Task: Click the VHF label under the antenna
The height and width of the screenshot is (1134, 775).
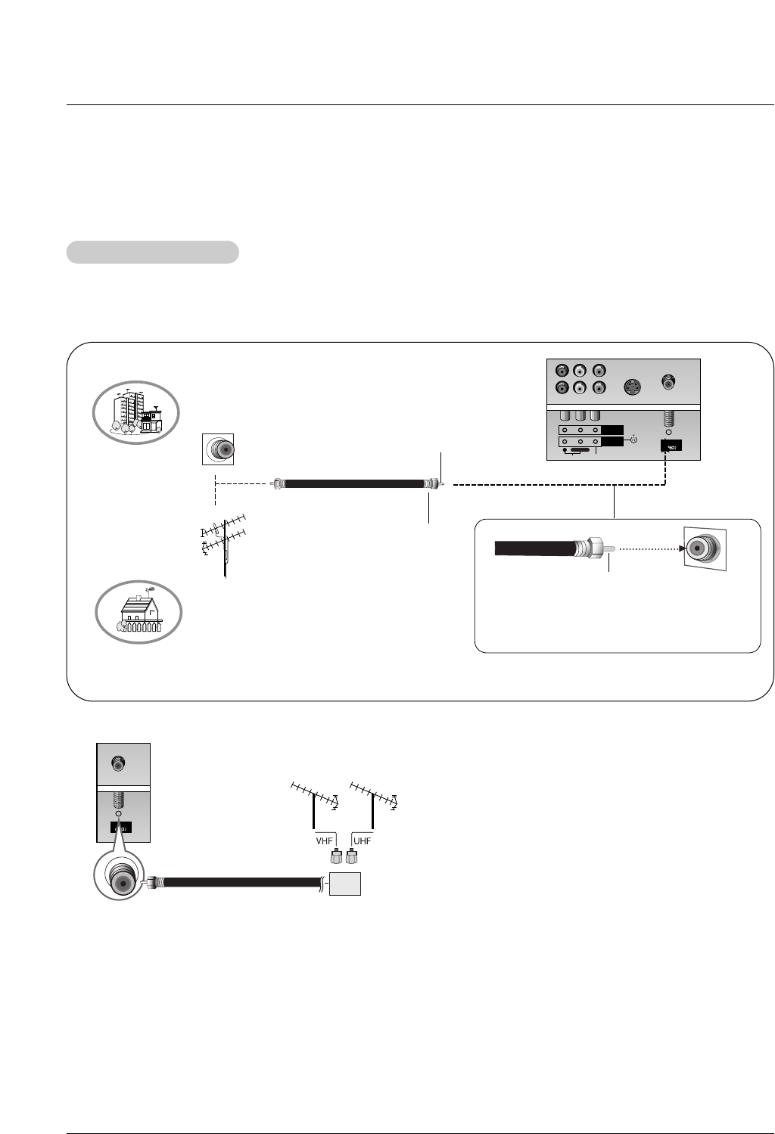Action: pos(324,841)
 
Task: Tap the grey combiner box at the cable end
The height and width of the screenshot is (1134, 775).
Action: pos(344,884)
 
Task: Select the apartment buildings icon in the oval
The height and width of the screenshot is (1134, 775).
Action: pos(136,412)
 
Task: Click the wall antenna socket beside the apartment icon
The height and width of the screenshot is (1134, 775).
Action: pos(218,449)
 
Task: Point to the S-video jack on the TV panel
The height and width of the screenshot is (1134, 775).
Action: pos(631,388)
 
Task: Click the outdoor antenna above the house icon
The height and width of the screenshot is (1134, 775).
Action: pos(223,540)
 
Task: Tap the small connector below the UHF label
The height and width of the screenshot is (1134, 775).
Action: pos(351,857)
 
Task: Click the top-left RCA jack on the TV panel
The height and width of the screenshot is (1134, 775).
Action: pos(562,371)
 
